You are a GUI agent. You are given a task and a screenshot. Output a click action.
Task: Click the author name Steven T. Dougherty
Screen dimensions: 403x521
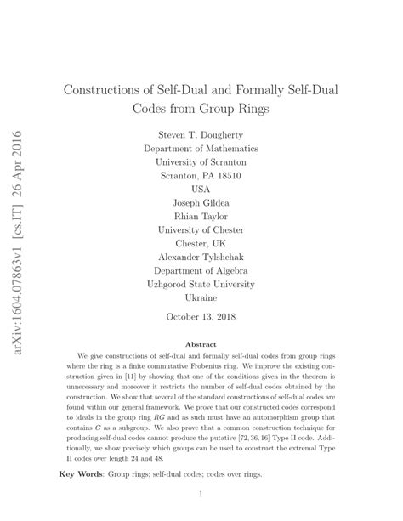[201, 135]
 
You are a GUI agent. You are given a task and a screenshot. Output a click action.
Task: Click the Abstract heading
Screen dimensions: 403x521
[201, 343]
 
